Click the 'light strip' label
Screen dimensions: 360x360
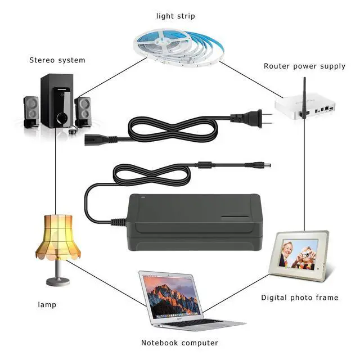(x=175, y=16)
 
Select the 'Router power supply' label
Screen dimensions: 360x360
(x=304, y=66)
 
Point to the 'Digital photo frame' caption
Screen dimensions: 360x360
(x=300, y=297)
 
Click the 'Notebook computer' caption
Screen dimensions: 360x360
(x=179, y=343)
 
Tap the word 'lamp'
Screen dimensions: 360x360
(x=47, y=305)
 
